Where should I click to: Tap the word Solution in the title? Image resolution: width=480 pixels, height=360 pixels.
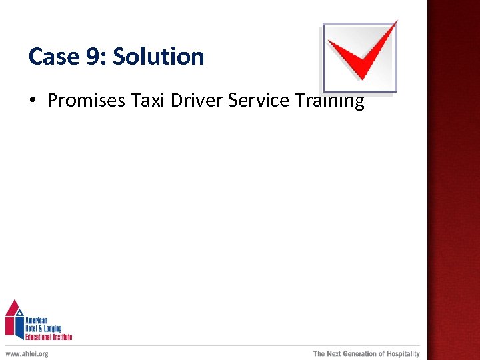tap(158, 57)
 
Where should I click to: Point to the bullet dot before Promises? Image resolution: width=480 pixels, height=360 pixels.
tap(32, 101)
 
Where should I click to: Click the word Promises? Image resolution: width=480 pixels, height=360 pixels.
tap(86, 101)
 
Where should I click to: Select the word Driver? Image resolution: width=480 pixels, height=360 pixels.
tap(197, 101)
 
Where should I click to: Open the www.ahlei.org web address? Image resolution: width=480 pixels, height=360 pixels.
tap(27, 354)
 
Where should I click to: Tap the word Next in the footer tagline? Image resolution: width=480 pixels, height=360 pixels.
tap(333, 354)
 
